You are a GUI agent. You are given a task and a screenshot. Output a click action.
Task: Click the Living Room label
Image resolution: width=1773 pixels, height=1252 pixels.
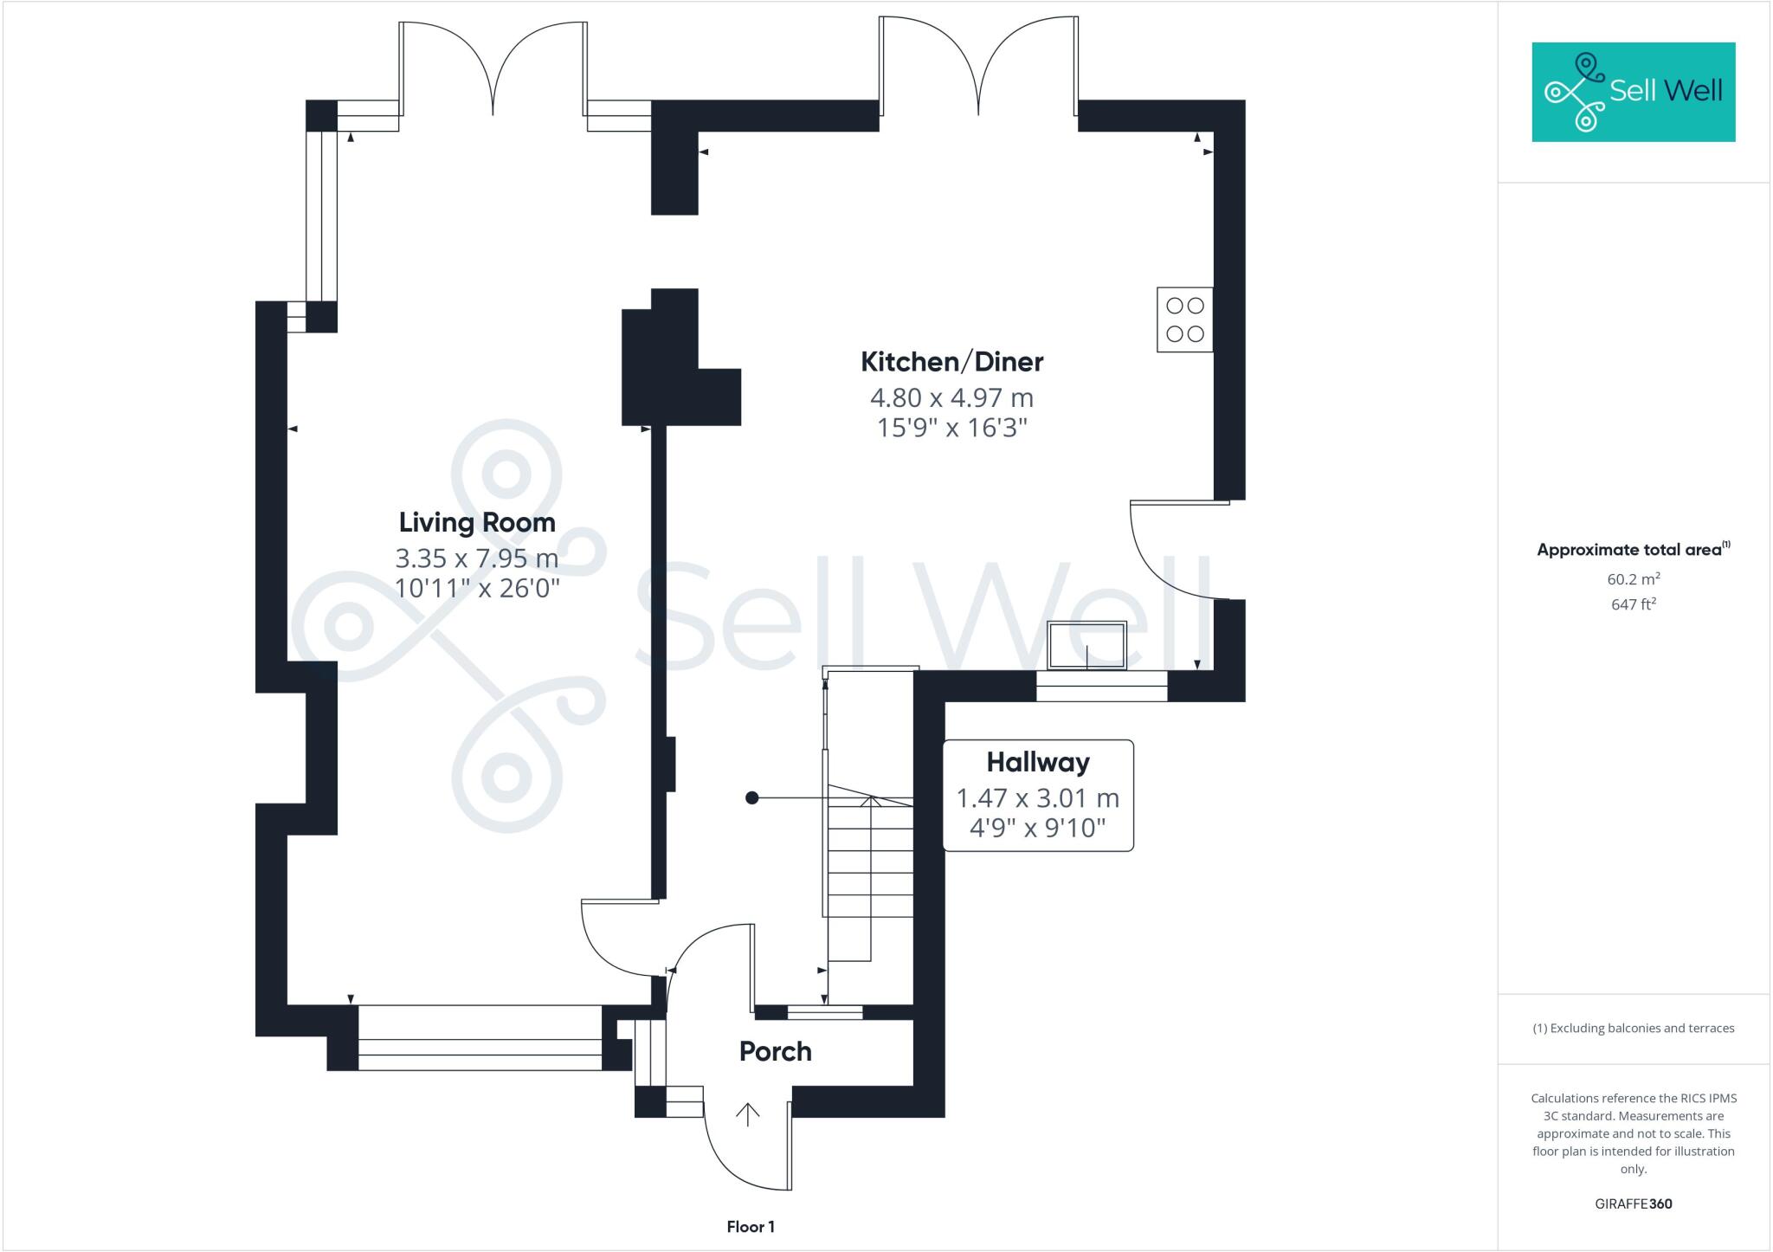coord(477,522)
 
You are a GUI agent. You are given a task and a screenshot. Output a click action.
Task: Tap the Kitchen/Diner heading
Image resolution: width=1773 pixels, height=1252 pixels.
coord(951,362)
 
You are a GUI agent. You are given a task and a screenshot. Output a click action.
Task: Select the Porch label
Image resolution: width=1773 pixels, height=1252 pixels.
coord(775,1051)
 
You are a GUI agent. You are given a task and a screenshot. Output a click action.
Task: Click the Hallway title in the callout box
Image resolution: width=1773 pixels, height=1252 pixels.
coord(1037,762)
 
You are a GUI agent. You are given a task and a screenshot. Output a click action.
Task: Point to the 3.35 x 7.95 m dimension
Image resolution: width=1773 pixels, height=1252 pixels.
coord(477,558)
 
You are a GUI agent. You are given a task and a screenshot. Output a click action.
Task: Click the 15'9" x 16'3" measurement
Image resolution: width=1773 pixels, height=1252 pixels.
coord(951,428)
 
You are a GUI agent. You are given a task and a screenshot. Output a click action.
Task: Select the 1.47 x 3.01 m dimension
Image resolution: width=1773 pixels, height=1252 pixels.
coord(1037,797)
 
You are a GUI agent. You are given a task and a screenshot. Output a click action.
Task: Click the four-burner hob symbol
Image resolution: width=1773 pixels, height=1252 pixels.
coord(1184,319)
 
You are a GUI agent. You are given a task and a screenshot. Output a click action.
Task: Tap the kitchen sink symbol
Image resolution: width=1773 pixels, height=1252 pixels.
coord(1086,646)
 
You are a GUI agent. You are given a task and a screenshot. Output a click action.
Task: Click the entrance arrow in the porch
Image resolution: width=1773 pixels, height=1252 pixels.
coord(747,1114)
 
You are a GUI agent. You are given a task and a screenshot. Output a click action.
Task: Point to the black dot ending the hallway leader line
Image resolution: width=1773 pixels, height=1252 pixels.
coord(752,798)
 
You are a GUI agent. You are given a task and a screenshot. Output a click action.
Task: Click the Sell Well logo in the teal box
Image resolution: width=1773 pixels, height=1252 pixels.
coord(1633,92)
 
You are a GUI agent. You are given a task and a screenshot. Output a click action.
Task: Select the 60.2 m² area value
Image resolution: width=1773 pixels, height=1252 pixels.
coord(1633,579)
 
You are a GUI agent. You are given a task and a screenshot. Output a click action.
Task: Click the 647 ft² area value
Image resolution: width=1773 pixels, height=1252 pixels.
coord(1633,604)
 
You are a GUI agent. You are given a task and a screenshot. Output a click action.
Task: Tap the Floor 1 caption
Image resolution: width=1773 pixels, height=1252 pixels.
coord(751,1227)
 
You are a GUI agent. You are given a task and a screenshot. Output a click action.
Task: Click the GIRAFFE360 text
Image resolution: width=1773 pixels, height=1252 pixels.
coord(1633,1204)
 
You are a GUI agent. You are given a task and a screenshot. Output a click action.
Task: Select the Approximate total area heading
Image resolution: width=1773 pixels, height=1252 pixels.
coord(1633,550)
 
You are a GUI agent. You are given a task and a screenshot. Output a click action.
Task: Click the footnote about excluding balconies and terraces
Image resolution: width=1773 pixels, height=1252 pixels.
coord(1633,1029)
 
